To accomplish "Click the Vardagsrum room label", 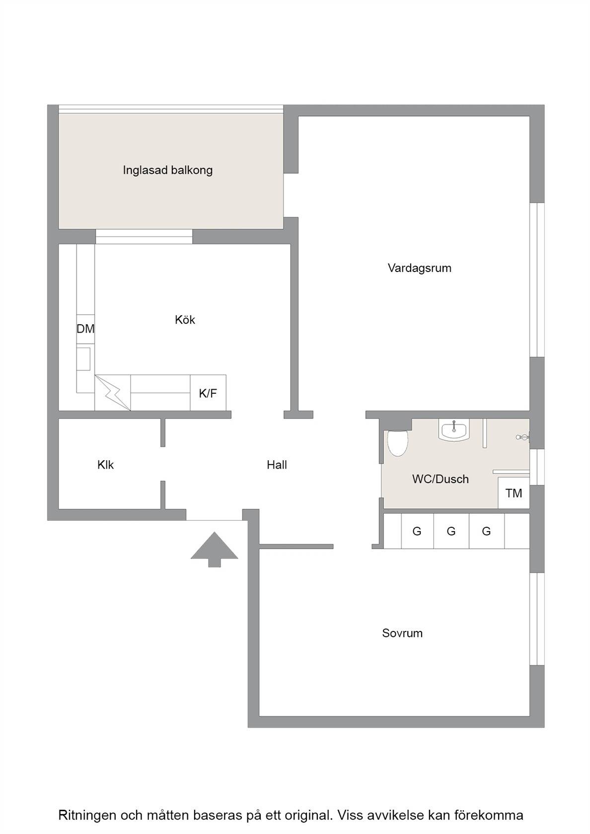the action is (419, 268).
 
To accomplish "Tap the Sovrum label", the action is (402, 633).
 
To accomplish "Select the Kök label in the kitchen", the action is (185, 320).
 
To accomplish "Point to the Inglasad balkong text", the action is (168, 170).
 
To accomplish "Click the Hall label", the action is (277, 465).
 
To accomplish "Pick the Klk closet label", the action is (105, 465).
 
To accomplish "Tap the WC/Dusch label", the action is (440, 479).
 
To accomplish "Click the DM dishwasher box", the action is (85, 329).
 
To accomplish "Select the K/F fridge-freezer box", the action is (208, 393).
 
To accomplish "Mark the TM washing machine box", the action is (514, 493).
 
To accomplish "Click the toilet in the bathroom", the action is (398, 443).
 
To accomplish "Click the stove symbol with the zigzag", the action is (112, 393).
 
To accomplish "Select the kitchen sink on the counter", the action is (83, 359).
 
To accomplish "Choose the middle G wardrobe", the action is (451, 531).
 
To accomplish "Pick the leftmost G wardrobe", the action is (417, 531).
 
